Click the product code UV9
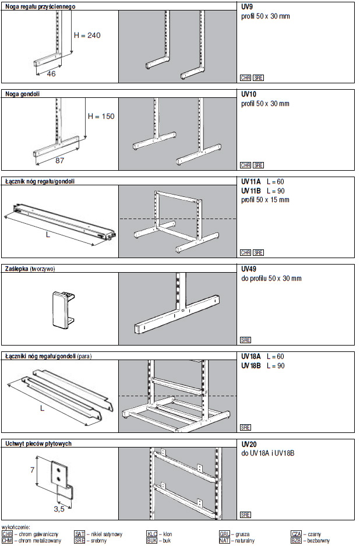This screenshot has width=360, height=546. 247,6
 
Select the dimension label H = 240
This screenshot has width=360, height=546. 87,36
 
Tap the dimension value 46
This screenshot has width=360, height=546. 51,74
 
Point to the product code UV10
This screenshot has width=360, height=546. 249,94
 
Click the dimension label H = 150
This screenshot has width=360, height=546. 101,116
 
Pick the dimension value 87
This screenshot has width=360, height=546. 59,159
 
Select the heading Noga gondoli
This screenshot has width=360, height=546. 23,93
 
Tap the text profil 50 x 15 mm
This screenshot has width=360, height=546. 265,200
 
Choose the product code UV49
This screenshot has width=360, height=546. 249,269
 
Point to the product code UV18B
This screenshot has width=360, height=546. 251,365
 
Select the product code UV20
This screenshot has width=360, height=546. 249,444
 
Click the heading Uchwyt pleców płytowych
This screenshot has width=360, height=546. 38,443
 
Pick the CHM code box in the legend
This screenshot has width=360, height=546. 8,540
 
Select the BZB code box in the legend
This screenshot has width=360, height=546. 296,540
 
